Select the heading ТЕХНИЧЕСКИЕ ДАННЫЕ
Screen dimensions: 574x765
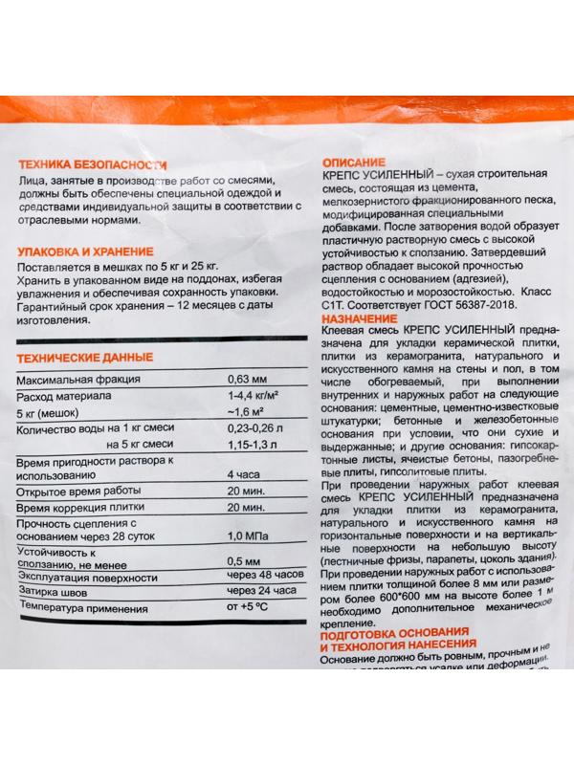[85, 358]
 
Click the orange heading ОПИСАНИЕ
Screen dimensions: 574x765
[354, 164]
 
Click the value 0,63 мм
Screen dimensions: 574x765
[245, 380]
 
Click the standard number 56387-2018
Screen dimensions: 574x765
[482, 304]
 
